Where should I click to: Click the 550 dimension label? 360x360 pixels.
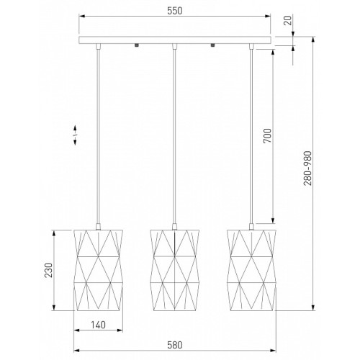(175, 11)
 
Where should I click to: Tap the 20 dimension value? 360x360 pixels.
(288, 20)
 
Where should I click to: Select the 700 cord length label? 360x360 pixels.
(267, 136)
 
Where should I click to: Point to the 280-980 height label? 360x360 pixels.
(308, 168)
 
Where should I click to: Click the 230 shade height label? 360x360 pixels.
(48, 270)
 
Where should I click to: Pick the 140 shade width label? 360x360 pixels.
(98, 325)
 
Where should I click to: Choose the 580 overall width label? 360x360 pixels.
(175, 345)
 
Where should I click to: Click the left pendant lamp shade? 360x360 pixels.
(99, 270)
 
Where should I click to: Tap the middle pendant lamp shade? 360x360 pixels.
(175, 270)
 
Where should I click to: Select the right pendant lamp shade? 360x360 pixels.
(251, 270)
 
